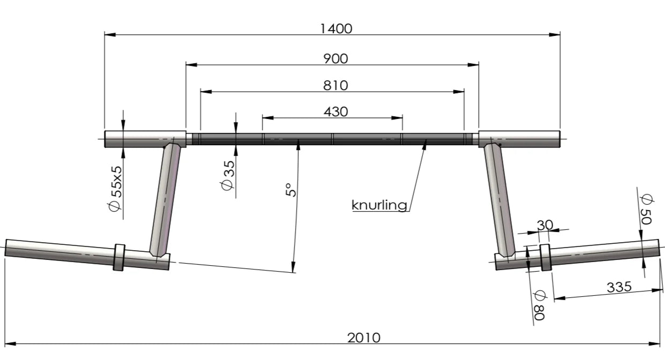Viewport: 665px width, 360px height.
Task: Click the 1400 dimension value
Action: (x=336, y=28)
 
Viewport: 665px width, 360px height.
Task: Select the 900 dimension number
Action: (x=336, y=58)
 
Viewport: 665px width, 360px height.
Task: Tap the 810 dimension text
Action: (x=336, y=85)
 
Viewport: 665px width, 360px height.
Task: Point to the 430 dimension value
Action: (x=336, y=111)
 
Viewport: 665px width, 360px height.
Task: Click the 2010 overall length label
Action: (x=364, y=337)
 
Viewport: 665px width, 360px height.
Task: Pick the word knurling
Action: (x=380, y=205)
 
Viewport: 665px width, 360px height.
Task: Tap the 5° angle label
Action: (x=290, y=190)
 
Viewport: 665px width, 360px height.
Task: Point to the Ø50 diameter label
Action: (x=646, y=209)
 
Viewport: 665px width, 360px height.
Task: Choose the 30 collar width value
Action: (x=544, y=225)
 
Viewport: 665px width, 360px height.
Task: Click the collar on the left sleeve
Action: (x=119, y=258)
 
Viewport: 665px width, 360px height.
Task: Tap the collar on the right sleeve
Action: (x=545, y=257)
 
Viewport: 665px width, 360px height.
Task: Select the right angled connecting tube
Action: (x=500, y=198)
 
